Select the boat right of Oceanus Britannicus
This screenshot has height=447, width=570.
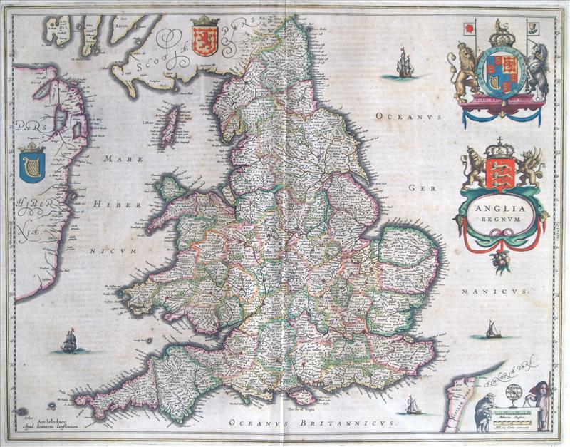tap(413, 406)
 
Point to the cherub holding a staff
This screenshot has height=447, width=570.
tap(542, 406)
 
